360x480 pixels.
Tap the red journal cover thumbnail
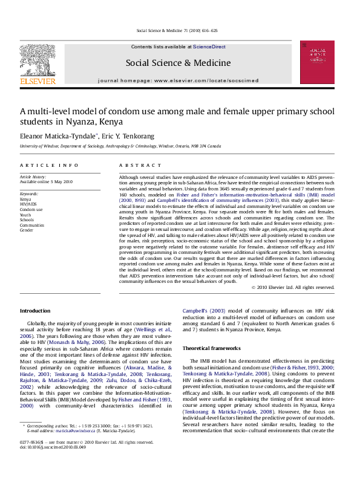(x=317, y=62)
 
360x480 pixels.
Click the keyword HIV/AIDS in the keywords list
(x=28, y=204)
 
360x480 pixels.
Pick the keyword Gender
(x=27, y=230)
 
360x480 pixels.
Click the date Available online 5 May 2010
(x=46, y=181)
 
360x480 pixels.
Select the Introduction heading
(x=35, y=311)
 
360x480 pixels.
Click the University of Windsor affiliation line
(x=124, y=146)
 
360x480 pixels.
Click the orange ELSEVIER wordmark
(x=38, y=81)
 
